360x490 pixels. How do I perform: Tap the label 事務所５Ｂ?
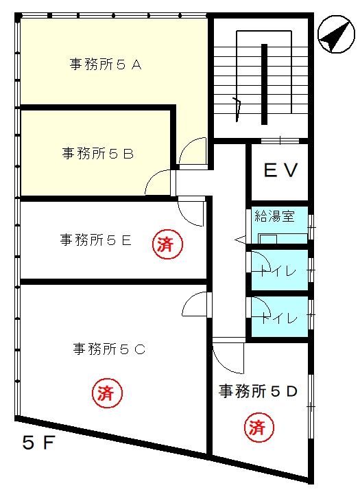[98, 154]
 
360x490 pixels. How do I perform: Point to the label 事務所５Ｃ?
[109, 349]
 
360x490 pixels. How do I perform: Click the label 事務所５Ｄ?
[258, 391]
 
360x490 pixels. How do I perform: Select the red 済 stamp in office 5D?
[257, 429]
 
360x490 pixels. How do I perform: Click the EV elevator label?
[280, 170]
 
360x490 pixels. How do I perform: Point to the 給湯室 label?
[274, 217]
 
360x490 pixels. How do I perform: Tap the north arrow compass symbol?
[333, 36]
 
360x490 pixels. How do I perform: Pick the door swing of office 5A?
[192, 151]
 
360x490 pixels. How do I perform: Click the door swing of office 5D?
[228, 356]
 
